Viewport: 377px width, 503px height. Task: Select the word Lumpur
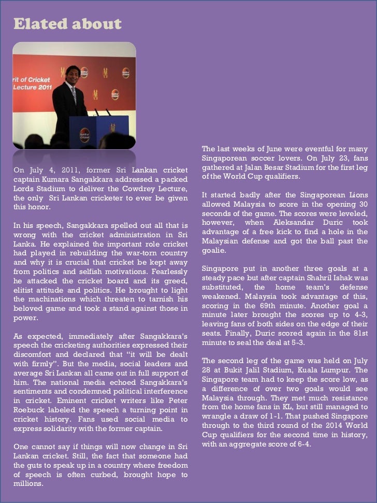355,370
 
